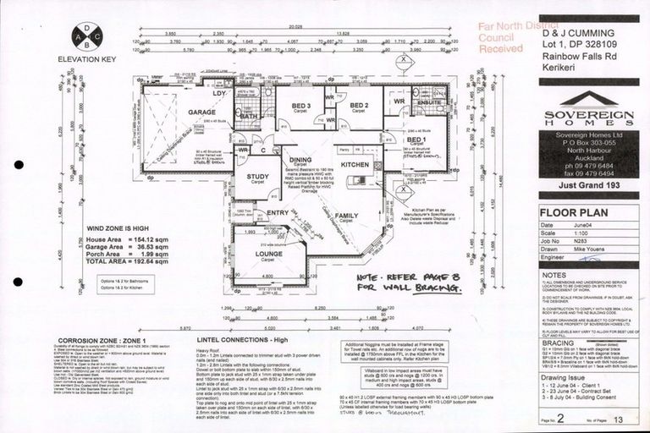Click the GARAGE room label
(x=201, y=112)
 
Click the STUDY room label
(x=257, y=177)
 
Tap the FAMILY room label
(x=345, y=216)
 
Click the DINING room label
(x=300, y=159)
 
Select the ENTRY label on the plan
(x=277, y=213)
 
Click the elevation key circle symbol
(x=88, y=36)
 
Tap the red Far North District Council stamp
(x=501, y=38)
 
